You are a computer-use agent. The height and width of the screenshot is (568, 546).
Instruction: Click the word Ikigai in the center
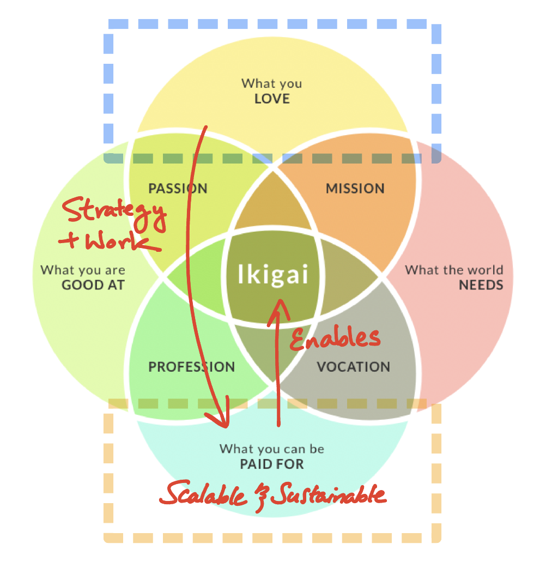coord(273,274)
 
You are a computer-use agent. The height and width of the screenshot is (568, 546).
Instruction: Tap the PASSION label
coord(178,189)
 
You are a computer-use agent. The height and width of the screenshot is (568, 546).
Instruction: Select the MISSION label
coord(355,189)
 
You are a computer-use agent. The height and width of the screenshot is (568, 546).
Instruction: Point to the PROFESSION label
coord(191,367)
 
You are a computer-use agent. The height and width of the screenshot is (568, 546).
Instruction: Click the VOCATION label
coord(354,367)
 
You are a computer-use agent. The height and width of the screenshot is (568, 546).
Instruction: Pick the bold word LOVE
coord(272,99)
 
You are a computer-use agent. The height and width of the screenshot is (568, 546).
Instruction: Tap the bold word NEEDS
coord(481,285)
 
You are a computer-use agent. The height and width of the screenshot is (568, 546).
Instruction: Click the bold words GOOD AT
coord(93,285)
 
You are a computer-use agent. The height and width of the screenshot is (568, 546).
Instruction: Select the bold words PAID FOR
coord(272,464)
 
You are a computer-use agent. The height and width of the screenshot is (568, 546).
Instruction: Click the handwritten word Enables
coord(334,338)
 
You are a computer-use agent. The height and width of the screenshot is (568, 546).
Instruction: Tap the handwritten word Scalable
coord(202,494)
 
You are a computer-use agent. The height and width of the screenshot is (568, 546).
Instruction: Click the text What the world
coord(454,270)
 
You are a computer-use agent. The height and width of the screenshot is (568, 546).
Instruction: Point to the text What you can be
coord(272,449)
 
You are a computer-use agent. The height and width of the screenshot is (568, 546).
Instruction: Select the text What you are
coord(83,270)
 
